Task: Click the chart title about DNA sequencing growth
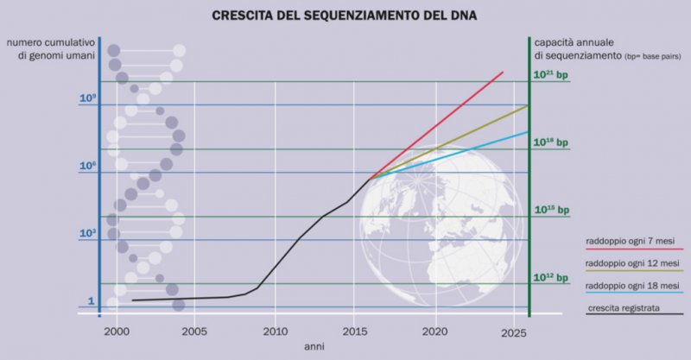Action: [x=345, y=15]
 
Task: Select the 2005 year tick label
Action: [x=194, y=331]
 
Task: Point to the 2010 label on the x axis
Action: [x=275, y=331]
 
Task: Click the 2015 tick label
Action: [x=354, y=331]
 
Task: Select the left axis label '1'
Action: [x=90, y=302]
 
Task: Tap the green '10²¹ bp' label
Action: [x=551, y=76]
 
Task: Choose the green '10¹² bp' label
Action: [x=551, y=278]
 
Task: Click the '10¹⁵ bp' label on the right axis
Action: [x=551, y=210]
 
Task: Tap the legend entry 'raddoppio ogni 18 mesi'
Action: [x=632, y=285]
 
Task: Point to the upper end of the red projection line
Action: [x=503, y=73]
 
